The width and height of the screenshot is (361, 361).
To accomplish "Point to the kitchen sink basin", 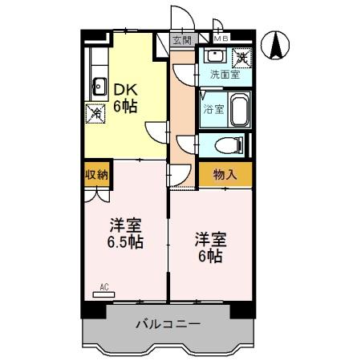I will [100, 84].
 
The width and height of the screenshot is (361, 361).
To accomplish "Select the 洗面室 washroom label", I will [225, 75].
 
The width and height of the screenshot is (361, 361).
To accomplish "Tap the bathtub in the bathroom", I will [240, 109].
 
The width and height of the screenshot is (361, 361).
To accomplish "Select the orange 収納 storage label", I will [97, 173].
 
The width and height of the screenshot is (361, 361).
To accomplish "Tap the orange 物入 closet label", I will [225, 174].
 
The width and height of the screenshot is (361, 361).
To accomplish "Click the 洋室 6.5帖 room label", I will [126, 232].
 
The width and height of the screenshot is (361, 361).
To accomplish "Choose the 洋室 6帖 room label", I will [210, 247].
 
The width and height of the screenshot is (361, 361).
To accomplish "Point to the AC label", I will [103, 286].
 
